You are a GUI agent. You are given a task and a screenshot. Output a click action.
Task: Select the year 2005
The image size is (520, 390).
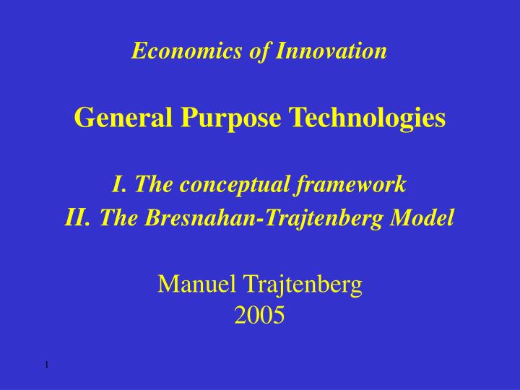[x=260, y=314]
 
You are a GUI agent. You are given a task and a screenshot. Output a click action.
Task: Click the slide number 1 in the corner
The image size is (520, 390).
[x=45, y=364]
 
